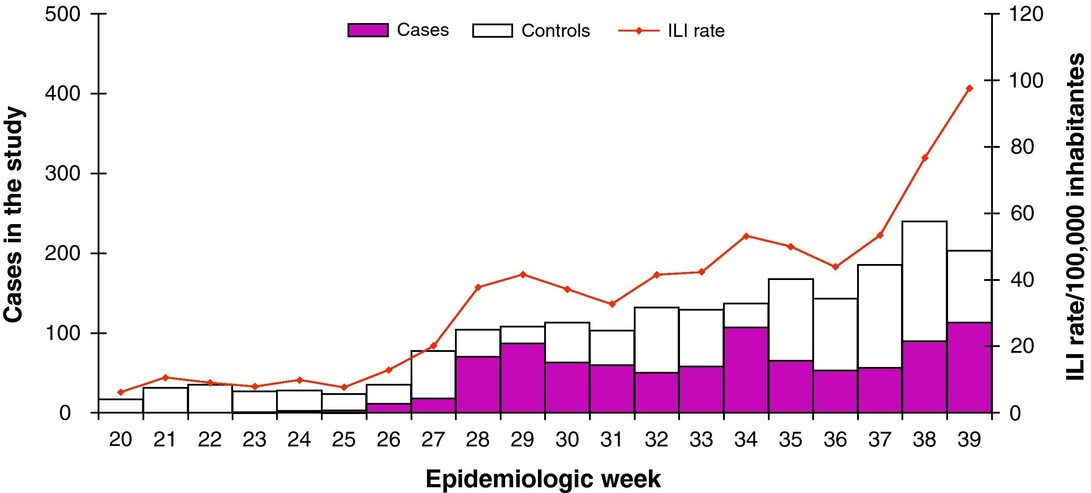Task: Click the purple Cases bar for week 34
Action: pyautogui.click(x=746, y=370)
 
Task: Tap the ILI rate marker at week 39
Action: pyautogui.click(x=969, y=88)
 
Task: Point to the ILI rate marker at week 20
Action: pyautogui.click(x=121, y=392)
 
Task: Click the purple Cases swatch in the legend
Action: pyautogui.click(x=368, y=30)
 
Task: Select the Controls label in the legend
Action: pyautogui.click(x=556, y=31)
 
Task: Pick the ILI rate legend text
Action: pyautogui.click(x=696, y=31)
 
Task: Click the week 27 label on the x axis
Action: pyautogui.click(x=433, y=440)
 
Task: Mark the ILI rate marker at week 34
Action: pyautogui.click(x=746, y=236)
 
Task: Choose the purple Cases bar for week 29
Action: pyautogui.click(x=523, y=378)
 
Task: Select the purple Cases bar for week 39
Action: pyautogui.click(x=969, y=367)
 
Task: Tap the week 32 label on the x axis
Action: pyautogui.click(x=656, y=440)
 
